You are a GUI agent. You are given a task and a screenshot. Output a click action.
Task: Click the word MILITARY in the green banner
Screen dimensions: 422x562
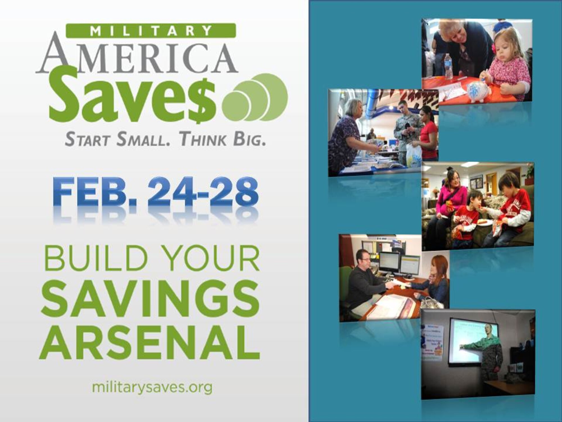point(151,31)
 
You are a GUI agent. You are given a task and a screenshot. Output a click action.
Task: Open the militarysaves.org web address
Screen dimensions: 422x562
point(152,387)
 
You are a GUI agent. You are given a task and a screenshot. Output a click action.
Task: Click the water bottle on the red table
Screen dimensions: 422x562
point(447,66)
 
